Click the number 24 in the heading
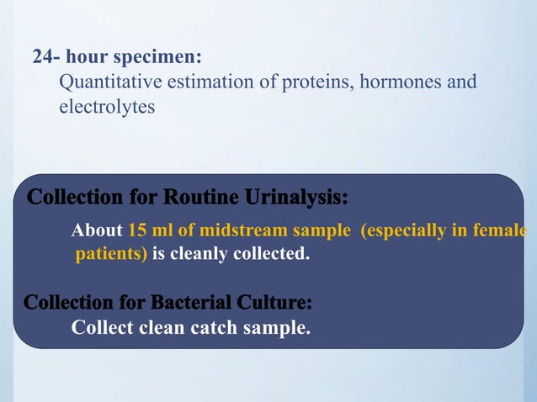point(42,58)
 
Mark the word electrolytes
point(107,108)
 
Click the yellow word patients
point(111,254)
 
